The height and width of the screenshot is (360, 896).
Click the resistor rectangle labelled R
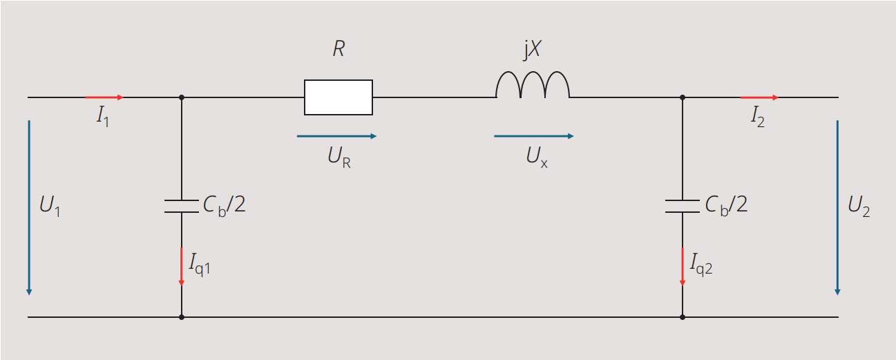[339, 97]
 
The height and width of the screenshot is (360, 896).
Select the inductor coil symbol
[533, 86]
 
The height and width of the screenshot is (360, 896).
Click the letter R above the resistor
[339, 50]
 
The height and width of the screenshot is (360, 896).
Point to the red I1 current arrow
[104, 97]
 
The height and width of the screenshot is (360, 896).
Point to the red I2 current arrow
[759, 97]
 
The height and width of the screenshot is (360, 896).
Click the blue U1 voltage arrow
[29, 207]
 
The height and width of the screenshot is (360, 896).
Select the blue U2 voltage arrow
[837, 207]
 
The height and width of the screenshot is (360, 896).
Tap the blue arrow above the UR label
[336, 136]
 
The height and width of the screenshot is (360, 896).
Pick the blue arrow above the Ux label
[533, 136]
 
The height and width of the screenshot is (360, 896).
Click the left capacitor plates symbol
[182, 207]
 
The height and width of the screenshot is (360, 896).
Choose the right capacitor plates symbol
[683, 207]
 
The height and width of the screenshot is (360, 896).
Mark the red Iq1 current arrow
[182, 267]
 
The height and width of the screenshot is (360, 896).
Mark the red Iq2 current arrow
[683, 267]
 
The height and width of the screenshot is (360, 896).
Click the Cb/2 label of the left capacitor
[224, 206]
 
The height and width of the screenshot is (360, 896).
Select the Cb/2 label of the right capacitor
[726, 206]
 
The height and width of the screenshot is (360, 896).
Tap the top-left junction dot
[182, 97]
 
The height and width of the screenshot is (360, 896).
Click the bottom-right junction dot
[683, 317]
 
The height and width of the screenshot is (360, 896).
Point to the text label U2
[859, 207]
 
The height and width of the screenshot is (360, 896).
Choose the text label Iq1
[200, 263]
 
